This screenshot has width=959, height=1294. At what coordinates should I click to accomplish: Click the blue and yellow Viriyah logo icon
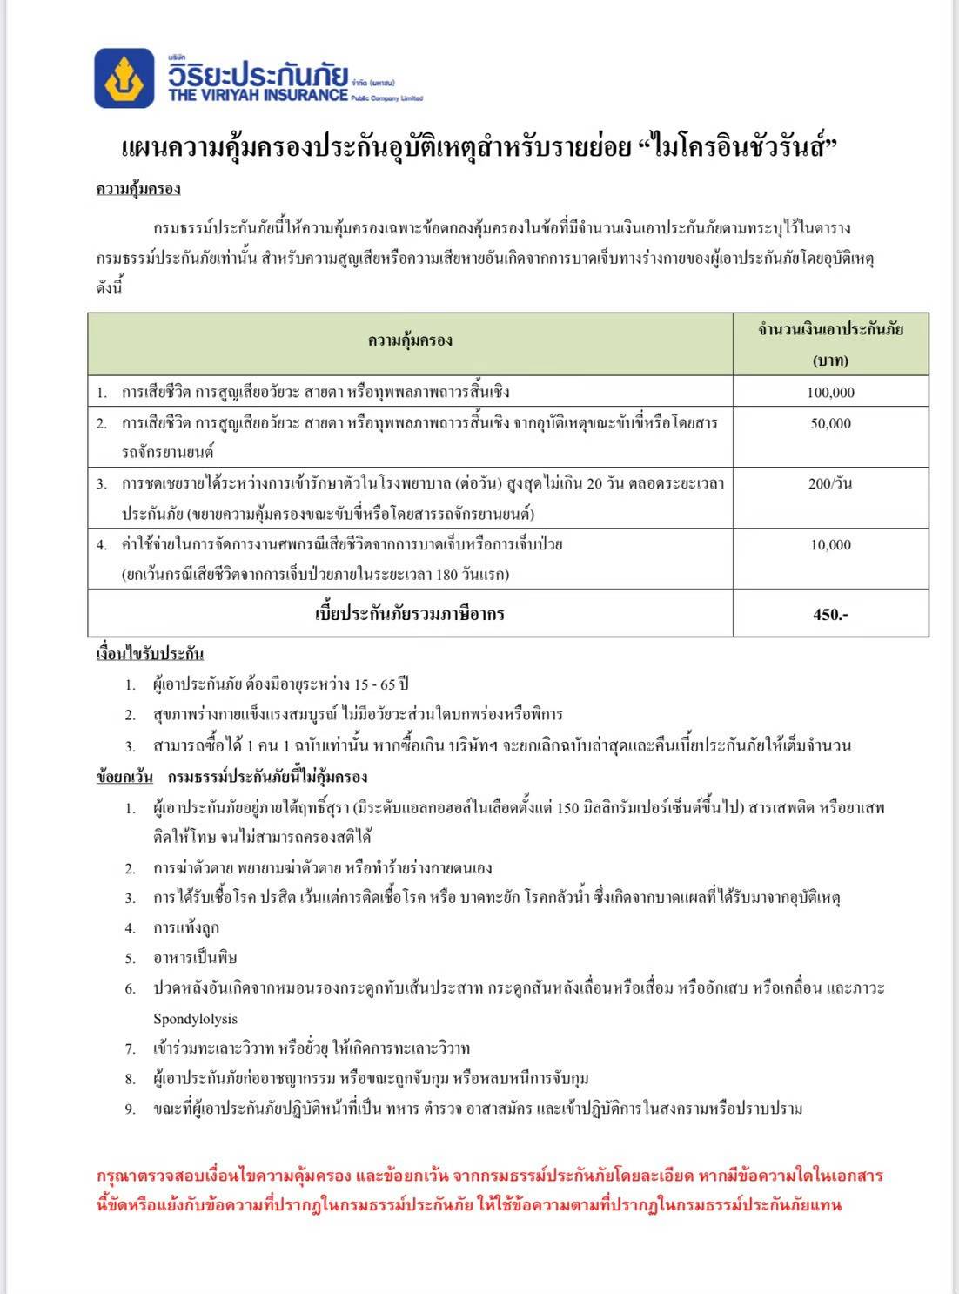pyautogui.click(x=124, y=78)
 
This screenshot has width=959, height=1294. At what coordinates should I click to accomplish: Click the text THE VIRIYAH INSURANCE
pyautogui.click(x=258, y=95)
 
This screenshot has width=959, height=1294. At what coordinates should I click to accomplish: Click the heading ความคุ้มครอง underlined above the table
pyautogui.click(x=138, y=189)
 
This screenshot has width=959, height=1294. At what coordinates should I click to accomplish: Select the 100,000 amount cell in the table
pyautogui.click(x=830, y=392)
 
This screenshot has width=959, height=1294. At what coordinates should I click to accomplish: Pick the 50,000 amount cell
pyautogui.click(x=830, y=423)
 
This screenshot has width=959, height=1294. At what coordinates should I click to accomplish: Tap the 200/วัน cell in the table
pyautogui.click(x=830, y=483)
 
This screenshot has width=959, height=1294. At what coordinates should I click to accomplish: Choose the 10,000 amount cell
pyautogui.click(x=830, y=544)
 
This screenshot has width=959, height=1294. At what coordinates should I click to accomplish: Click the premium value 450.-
pyautogui.click(x=830, y=614)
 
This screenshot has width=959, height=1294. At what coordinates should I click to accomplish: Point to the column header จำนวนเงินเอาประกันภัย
pyautogui.click(x=830, y=329)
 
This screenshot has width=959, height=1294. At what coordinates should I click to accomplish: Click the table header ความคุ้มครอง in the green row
pyautogui.click(x=410, y=340)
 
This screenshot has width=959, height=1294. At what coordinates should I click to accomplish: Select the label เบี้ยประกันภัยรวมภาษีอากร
pyautogui.click(x=410, y=614)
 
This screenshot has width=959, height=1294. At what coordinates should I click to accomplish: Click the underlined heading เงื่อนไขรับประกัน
pyautogui.click(x=150, y=653)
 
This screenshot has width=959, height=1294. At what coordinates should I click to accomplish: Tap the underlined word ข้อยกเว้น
pyautogui.click(x=124, y=777)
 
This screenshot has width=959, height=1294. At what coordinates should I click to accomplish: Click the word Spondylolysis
pyautogui.click(x=195, y=1019)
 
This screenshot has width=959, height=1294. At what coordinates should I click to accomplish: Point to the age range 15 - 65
pyautogui.click(x=377, y=684)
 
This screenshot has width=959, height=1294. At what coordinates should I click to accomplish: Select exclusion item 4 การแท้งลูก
pyautogui.click(x=186, y=927)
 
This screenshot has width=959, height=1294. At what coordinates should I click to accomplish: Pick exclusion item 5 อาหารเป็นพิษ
pyautogui.click(x=195, y=958)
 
